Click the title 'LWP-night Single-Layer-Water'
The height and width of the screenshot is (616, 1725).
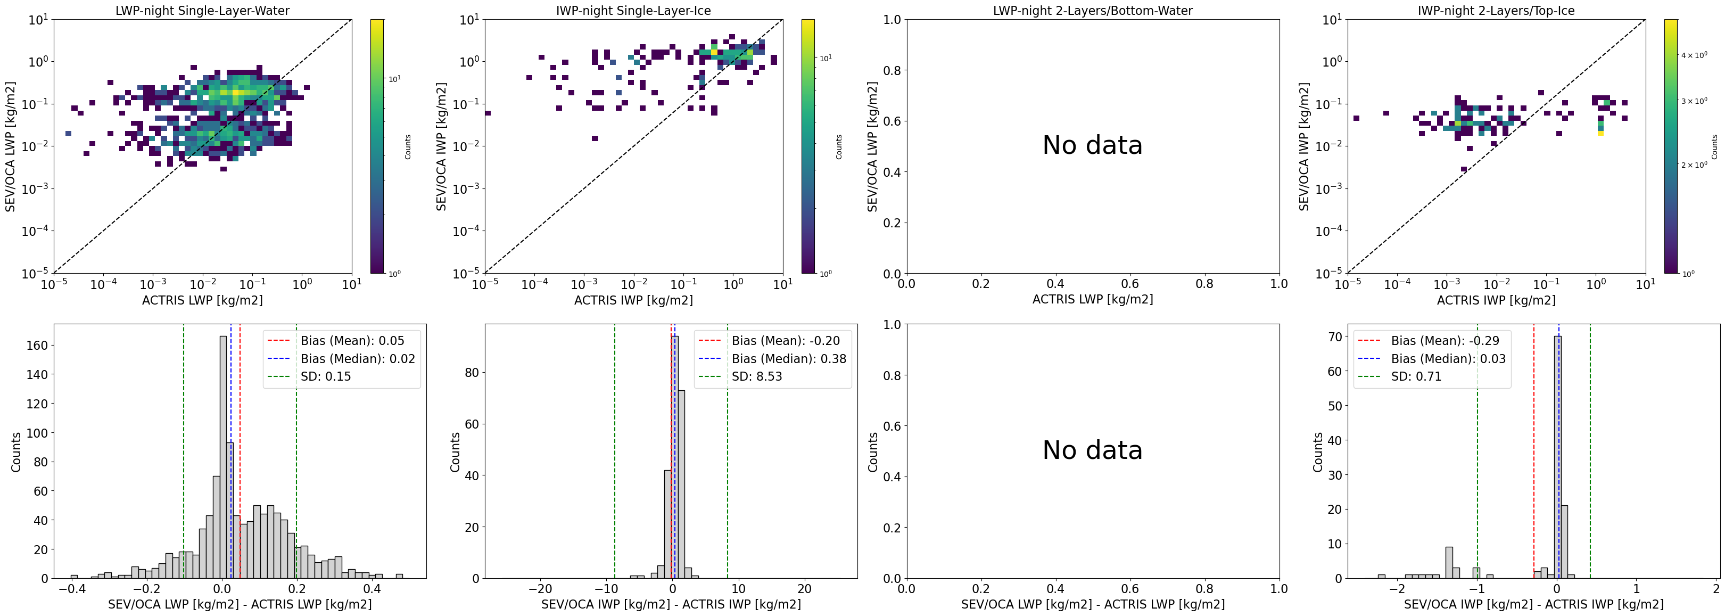pyautogui.click(x=202, y=11)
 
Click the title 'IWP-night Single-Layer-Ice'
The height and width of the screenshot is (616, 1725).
pyautogui.click(x=633, y=11)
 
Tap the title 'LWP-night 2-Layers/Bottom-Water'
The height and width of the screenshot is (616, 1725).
pyautogui.click(x=1092, y=11)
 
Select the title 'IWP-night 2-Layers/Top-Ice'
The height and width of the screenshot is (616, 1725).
pyautogui.click(x=1496, y=11)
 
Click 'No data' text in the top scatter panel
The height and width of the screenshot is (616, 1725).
pyautogui.click(x=1092, y=145)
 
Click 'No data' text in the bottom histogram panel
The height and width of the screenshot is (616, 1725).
pyautogui.click(x=1092, y=450)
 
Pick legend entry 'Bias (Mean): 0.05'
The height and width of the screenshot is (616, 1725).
pyautogui.click(x=352, y=341)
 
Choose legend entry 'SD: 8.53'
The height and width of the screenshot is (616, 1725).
pyautogui.click(x=757, y=376)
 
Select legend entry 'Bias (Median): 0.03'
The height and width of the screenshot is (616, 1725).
pyautogui.click(x=1448, y=359)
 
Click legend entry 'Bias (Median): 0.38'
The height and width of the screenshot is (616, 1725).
pyautogui.click(x=789, y=359)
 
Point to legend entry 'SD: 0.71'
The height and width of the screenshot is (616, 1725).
pyautogui.click(x=1416, y=376)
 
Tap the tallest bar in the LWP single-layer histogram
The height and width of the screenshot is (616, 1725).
pyautogui.click(x=223, y=462)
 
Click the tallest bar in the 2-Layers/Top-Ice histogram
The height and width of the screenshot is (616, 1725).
pyautogui.click(x=1557, y=462)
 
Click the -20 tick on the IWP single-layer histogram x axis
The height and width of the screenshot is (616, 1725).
pyautogui.click(x=540, y=589)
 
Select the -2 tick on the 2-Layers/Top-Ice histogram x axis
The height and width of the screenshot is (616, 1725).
pyautogui.click(x=1396, y=589)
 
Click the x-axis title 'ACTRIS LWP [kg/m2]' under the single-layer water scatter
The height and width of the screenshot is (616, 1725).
pyautogui.click(x=202, y=300)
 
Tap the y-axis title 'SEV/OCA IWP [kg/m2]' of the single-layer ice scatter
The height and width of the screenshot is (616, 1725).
pyautogui.click(x=441, y=146)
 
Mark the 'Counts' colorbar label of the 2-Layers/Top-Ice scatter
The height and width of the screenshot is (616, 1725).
pyautogui.click(x=1714, y=146)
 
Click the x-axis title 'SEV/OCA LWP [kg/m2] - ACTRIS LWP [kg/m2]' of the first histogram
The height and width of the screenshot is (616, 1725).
pyautogui.click(x=240, y=604)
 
